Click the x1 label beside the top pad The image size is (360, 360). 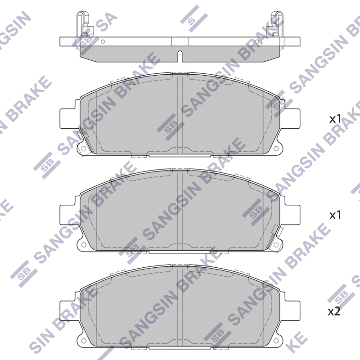click(335, 119)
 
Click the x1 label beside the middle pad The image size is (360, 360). click(335, 216)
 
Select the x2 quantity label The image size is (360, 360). click(334, 311)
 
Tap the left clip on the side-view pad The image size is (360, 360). click(84, 24)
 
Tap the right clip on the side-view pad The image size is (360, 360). click(276, 24)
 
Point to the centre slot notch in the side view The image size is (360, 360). click(180, 56)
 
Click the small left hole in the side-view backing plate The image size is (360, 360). click(103, 41)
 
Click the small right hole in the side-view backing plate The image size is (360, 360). click(257, 41)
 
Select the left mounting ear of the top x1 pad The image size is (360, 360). click(67, 118)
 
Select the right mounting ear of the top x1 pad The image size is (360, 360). click(292, 118)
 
